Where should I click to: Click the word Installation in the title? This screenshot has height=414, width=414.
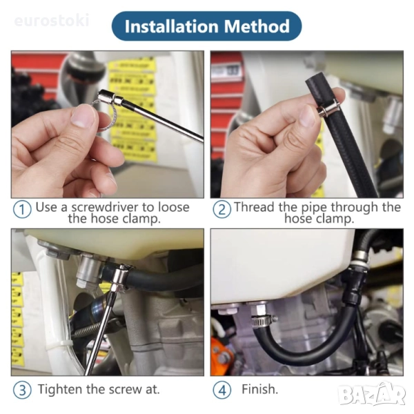pos(171,26)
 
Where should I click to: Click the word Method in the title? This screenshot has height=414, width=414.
pos(257,26)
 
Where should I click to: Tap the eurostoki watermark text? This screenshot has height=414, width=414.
pos(52,21)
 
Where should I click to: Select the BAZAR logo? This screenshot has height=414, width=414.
pos(373,395)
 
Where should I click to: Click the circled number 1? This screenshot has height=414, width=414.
pos(22,209)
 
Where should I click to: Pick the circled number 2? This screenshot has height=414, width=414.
pos(221,209)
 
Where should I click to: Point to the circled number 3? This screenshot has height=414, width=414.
pos(22,390)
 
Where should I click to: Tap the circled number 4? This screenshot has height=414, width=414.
pos(221,390)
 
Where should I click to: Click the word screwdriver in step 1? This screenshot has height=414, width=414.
pos(105,207)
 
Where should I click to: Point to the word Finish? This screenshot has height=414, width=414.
pos(260,389)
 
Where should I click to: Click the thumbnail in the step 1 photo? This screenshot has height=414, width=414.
pos(83,116)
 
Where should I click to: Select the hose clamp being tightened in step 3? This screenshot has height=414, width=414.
pos(120,278)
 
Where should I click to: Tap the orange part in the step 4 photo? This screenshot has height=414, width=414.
pos(221,354)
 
